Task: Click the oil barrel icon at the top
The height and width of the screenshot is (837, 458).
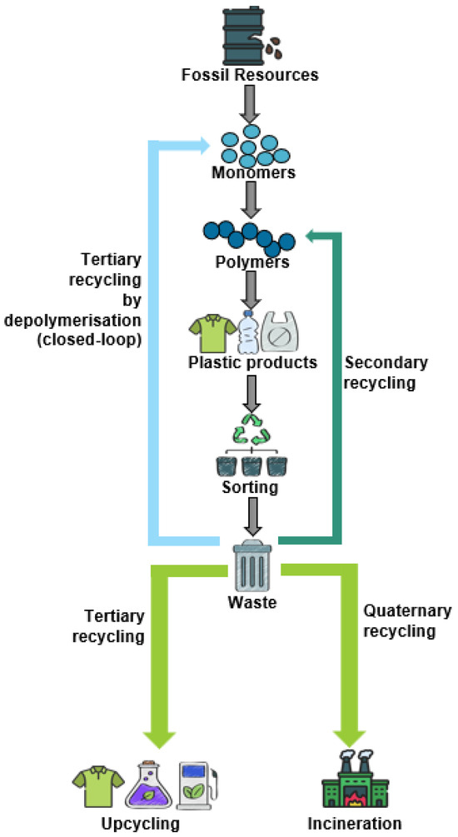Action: (x=244, y=33)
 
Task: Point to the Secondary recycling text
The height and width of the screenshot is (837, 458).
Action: (x=386, y=373)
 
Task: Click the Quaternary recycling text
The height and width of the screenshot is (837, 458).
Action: (x=401, y=620)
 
